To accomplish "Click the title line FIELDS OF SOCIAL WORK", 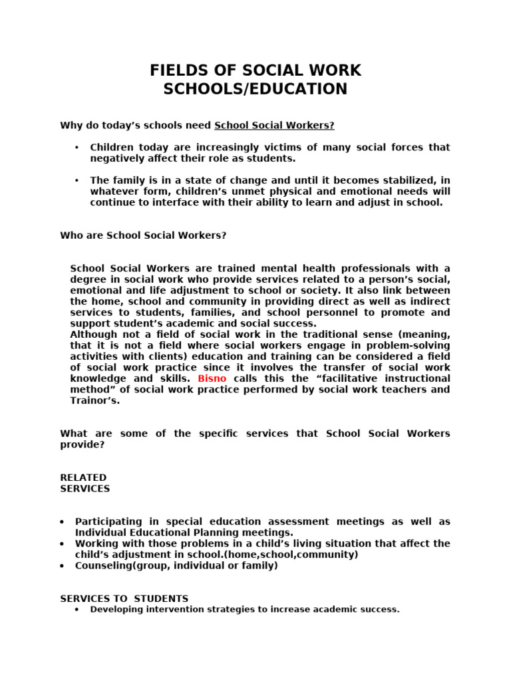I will (255, 71).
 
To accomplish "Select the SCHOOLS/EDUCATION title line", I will (255, 90).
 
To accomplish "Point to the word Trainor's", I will (95, 400).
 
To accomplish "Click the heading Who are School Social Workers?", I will (144, 235).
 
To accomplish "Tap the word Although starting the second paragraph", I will (94, 335).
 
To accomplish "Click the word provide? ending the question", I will (83, 444).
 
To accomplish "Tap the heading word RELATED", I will (83, 477).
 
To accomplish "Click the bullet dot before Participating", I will (63, 522).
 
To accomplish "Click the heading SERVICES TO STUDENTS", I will (124, 599).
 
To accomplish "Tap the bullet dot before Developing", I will (78, 609).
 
